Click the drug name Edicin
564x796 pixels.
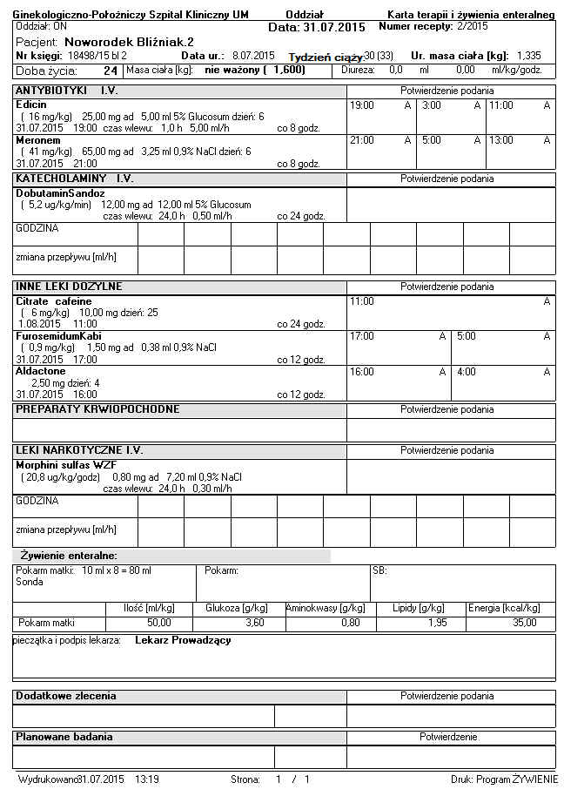click(x=30, y=105)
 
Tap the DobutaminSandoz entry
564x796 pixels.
click(x=60, y=193)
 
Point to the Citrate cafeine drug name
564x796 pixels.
click(x=53, y=301)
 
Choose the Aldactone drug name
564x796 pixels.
click(x=40, y=371)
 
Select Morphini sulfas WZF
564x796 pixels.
click(x=66, y=465)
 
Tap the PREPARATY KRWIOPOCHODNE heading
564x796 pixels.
click(x=97, y=409)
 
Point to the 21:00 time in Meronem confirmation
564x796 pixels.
click(x=361, y=140)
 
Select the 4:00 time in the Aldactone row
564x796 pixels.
click(x=466, y=372)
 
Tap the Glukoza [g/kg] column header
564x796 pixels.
click(x=236, y=608)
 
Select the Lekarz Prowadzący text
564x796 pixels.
click(x=183, y=641)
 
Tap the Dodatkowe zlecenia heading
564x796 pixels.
click(x=66, y=697)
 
